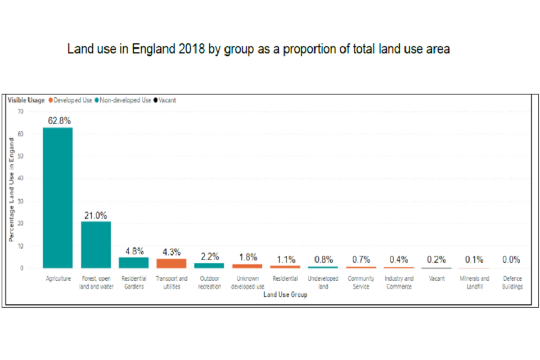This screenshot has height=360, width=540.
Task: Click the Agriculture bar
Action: (x=57, y=197)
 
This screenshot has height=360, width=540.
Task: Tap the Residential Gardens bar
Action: (x=133, y=263)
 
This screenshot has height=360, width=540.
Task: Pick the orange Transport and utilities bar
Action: (x=171, y=263)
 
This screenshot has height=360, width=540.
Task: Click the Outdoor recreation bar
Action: (x=209, y=265)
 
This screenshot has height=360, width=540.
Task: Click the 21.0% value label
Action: (x=96, y=215)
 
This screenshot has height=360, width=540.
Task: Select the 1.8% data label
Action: (x=247, y=257)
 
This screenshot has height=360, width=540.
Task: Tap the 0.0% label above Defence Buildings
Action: (x=511, y=260)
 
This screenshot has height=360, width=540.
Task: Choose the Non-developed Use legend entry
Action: (x=125, y=101)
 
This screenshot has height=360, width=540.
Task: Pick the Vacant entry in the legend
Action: (x=167, y=101)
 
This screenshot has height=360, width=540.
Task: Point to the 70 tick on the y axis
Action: (x=21, y=111)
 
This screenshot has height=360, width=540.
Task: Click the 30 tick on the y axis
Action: (x=21, y=201)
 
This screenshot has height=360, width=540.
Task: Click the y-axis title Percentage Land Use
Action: (x=11, y=190)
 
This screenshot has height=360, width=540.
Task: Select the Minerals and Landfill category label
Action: (x=474, y=282)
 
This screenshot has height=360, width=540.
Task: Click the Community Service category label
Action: (x=361, y=282)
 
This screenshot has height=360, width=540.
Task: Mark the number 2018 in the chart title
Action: (x=192, y=49)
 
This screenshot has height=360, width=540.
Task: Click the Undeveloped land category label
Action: (x=323, y=282)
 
